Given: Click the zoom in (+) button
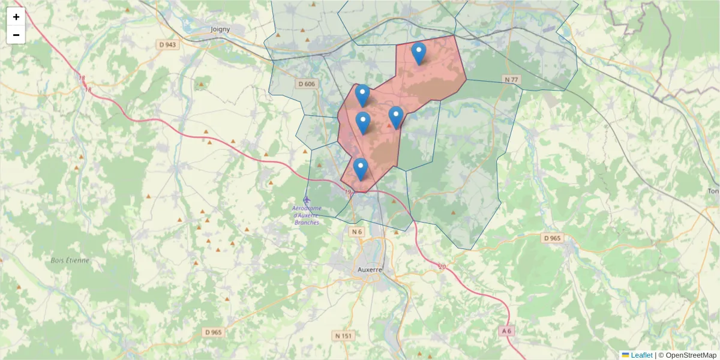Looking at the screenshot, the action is click(x=16, y=17).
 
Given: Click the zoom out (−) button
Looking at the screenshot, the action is click(x=16, y=35).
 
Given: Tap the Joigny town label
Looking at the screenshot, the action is click(x=221, y=28).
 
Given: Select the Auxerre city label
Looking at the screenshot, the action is click(x=370, y=270).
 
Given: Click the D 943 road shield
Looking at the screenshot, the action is click(x=168, y=45).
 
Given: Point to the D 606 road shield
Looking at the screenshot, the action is click(x=306, y=84).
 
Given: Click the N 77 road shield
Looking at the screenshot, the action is click(x=511, y=79).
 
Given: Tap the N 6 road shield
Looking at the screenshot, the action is click(x=357, y=232).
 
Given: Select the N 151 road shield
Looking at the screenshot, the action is click(x=343, y=335).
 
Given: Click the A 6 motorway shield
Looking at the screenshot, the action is click(x=507, y=331).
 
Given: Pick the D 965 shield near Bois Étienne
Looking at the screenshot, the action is click(x=213, y=332).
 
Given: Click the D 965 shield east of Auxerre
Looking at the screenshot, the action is click(x=552, y=238).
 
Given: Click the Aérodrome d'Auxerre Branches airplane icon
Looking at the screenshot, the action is click(x=307, y=199).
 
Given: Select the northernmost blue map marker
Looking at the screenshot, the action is click(x=419, y=53).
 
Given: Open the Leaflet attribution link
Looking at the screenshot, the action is click(x=641, y=355).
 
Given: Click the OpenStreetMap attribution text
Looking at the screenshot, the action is click(x=691, y=355).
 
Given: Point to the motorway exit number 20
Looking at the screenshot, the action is click(x=442, y=267).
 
